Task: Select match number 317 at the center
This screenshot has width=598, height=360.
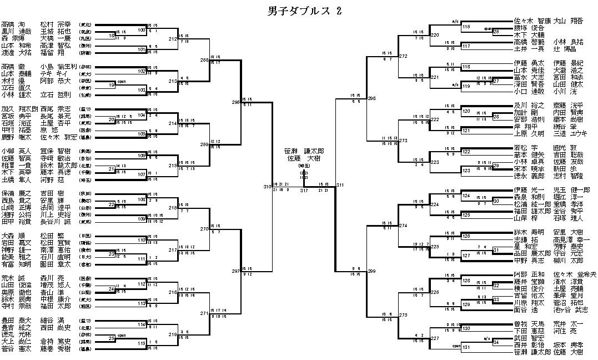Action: pos(304,191)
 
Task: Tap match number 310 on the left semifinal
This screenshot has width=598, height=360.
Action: pos(267,187)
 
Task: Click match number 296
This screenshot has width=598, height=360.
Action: pos(235,102)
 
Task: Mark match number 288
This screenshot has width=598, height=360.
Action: pos(204,59)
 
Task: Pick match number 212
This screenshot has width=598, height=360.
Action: pos(173,39)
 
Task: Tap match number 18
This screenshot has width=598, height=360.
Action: pos(112,36)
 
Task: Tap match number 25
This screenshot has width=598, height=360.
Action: pos(112,338)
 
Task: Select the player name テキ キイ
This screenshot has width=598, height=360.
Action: pos(53,73)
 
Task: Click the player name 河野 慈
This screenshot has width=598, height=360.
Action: pos(52,179)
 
